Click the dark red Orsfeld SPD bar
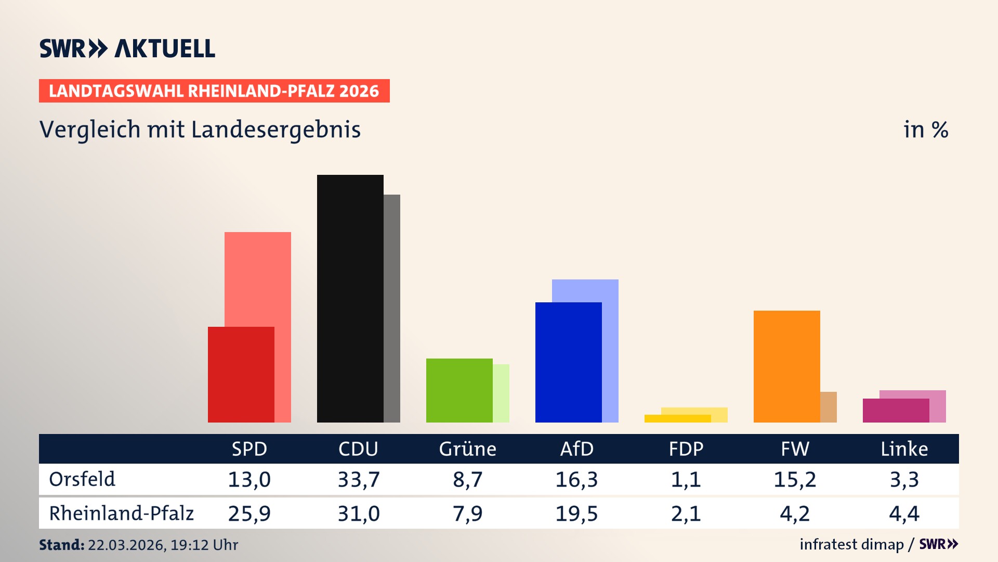point(241,375)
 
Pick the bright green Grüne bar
point(459,390)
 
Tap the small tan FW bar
point(829,407)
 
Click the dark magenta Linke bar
point(896,411)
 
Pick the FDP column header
point(686,449)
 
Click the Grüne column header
point(467,449)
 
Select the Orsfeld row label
point(82,479)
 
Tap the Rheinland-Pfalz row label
point(121,514)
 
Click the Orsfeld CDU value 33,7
point(359,479)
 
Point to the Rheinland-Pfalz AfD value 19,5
point(576,514)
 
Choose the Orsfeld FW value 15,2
point(795,479)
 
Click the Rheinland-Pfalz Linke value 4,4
point(904,514)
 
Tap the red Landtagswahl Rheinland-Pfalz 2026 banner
point(214,91)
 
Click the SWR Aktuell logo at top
point(127,48)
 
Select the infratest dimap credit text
point(851,544)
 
